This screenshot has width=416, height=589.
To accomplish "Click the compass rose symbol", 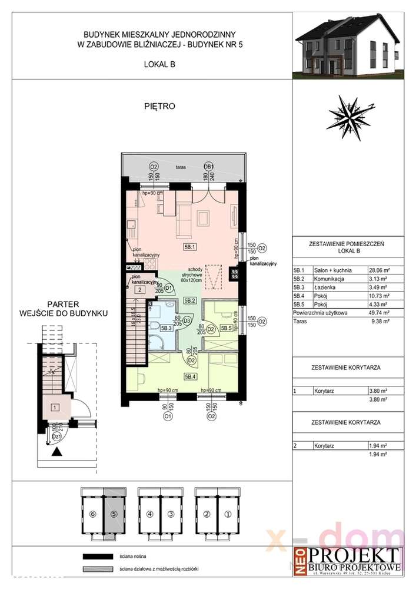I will point(352,115).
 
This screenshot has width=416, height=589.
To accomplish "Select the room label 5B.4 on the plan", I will point(190,376).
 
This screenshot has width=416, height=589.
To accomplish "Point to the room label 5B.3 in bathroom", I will point(166,327).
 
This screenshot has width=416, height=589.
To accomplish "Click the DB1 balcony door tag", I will point(208,166).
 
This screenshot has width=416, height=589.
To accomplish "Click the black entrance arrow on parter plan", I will point(56,452).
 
